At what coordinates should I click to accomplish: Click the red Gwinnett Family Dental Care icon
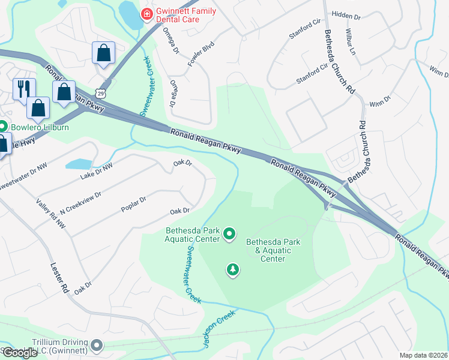coord(145,14)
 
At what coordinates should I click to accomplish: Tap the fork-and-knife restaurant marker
coord(23,89)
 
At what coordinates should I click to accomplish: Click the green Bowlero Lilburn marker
coord(2,127)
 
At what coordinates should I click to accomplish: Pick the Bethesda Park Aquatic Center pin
coord(229,233)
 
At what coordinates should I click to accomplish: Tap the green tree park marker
coord(232,271)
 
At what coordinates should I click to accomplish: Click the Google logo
coord(19,353)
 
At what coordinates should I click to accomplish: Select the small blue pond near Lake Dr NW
coord(78,164)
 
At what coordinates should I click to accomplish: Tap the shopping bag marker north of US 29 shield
coord(103,53)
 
